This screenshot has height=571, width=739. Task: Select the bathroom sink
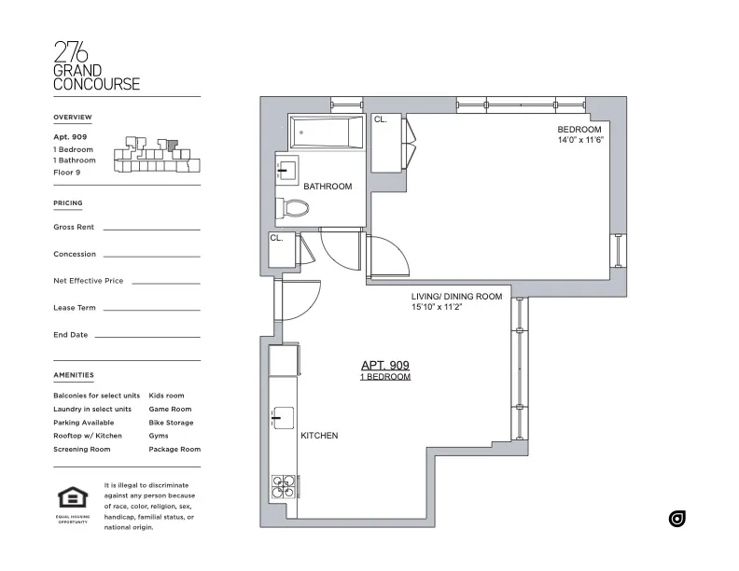tap(286, 170)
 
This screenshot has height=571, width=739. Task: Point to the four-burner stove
tap(284, 488)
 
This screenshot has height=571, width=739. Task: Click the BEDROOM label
tap(579, 129)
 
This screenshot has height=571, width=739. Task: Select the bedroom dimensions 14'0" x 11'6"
tap(580, 140)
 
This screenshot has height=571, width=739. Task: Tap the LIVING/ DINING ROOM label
tap(456, 297)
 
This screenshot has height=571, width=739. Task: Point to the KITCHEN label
tap(319, 436)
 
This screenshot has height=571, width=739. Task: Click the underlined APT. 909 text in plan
tap(385, 366)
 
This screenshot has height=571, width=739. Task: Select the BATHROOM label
tap(328, 187)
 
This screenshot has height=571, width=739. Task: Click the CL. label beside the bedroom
tap(381, 120)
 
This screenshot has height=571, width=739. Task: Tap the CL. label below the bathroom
tap(276, 238)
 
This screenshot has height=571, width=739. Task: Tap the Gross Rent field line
tap(151, 228)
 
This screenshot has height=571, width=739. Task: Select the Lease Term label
tap(75, 308)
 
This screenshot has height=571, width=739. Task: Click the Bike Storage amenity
tap(171, 423)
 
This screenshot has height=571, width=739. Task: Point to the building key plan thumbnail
tap(156, 155)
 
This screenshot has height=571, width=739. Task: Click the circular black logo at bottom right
tap(677, 519)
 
